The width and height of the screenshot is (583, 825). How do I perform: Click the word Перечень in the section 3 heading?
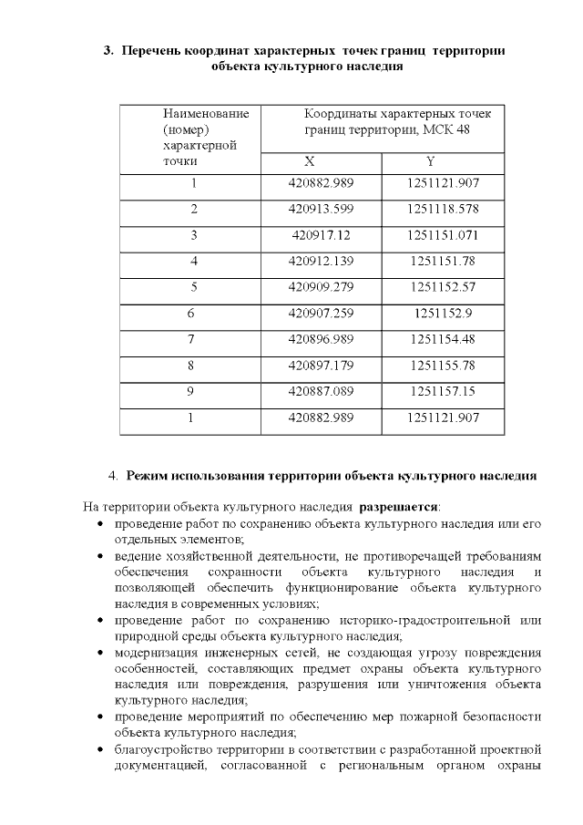coord(151,50)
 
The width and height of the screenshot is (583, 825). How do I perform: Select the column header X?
coord(310,161)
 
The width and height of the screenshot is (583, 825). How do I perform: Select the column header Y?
coord(430,161)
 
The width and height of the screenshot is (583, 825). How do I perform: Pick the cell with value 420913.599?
coord(321,210)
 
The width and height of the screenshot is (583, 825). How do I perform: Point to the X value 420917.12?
coord(321,235)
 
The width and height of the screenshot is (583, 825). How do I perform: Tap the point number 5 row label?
coord(193,287)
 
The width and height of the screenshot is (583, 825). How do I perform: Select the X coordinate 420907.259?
coord(321,314)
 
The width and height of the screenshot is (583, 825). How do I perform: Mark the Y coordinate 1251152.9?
coord(444,314)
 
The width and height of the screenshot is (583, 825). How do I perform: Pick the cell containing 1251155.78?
coord(444,366)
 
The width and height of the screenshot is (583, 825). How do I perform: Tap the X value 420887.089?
coord(321,392)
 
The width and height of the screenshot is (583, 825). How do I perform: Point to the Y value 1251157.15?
coord(444,392)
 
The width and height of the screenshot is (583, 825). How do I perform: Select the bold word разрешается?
coord(398,505)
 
